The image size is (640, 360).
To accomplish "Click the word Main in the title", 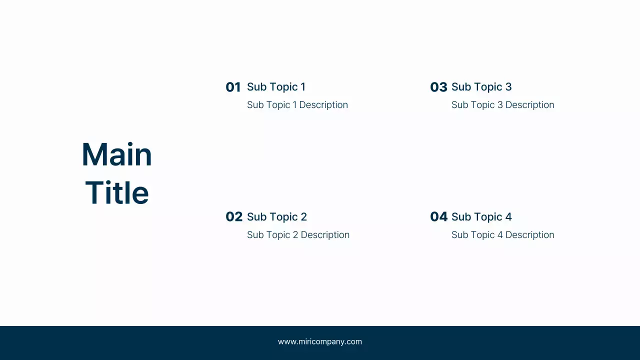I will [x=116, y=154].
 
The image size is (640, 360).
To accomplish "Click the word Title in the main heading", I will [x=117, y=193].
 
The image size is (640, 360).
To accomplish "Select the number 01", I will [x=233, y=87].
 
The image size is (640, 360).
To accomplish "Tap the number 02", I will [x=233, y=217].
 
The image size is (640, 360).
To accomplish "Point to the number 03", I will [x=438, y=87].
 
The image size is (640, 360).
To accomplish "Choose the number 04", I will [x=438, y=217].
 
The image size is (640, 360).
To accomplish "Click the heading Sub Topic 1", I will [x=276, y=87].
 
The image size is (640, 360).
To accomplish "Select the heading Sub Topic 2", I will [x=277, y=217].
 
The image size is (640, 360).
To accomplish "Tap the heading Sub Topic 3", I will [x=481, y=87].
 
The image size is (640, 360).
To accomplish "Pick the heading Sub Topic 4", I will [x=481, y=217].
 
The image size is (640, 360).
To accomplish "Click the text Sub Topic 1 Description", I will [x=297, y=105].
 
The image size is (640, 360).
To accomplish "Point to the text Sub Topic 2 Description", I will [x=298, y=235].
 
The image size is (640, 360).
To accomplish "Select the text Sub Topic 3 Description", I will [x=502, y=105].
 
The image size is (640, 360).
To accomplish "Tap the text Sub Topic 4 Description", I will [x=502, y=235].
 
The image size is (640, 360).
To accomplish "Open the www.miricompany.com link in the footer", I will [x=320, y=342].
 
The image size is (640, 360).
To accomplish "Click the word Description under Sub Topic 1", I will [x=323, y=105].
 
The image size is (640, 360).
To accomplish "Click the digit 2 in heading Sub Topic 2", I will [x=303, y=217].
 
